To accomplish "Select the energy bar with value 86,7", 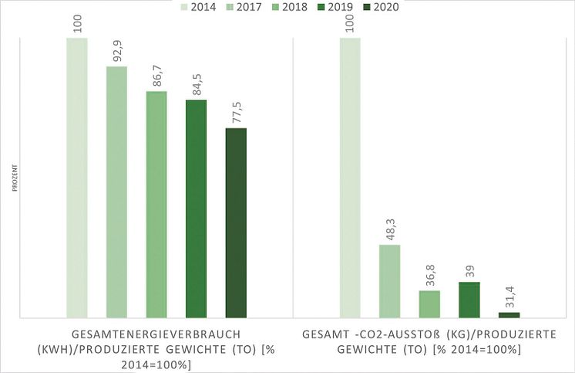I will point(156,204).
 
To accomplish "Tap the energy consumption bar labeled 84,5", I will point(196,209).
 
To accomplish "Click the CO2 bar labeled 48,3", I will point(389,281).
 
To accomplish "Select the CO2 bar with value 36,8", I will point(429,303).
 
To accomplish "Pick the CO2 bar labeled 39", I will point(469,300).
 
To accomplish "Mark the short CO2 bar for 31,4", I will point(509,314).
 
